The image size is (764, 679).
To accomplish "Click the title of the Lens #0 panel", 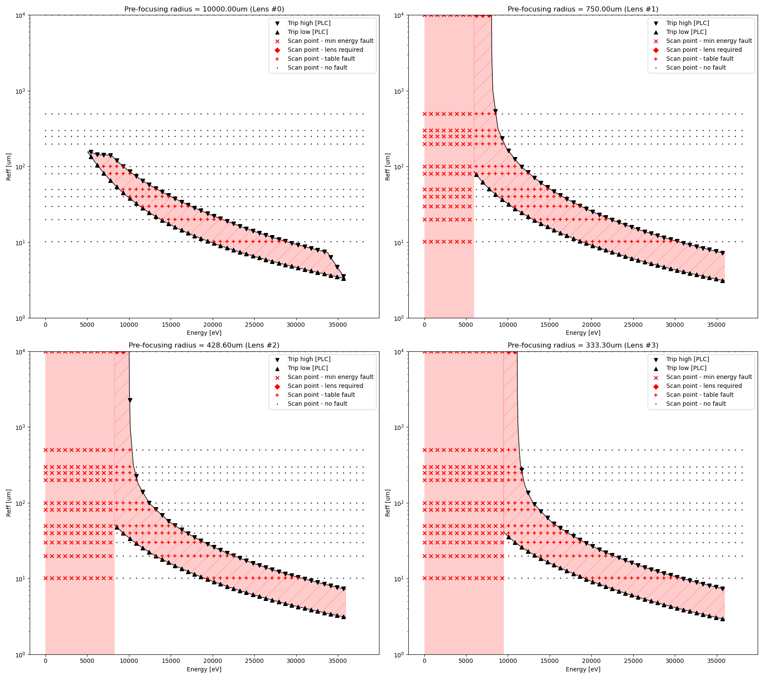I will pos(204,9).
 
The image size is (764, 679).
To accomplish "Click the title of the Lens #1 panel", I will pos(583,9).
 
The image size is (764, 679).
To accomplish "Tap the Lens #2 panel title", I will pos(204,345).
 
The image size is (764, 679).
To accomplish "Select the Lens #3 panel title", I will pos(583,345).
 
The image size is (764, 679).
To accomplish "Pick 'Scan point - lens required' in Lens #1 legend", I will pos(704,50).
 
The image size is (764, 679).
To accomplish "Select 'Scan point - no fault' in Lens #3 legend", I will pos(696,404).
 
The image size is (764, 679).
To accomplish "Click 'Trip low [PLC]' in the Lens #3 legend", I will pos(686,368).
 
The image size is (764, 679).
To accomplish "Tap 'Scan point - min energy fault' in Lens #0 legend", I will pos(330,41).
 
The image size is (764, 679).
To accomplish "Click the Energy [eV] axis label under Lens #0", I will pos(204,333).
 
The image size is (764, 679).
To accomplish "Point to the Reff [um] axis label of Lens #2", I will pos(9,503).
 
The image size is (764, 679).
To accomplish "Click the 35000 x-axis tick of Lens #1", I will pos(716,325).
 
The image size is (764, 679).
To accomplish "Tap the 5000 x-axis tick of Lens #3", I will pos(466,661).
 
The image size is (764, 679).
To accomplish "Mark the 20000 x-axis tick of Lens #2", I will pos(212,661).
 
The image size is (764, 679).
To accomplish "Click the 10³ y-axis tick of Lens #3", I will pos(398,428).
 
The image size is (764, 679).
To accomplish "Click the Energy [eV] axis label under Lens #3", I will pos(583,670).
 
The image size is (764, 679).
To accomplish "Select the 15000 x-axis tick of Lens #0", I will pos(171,325).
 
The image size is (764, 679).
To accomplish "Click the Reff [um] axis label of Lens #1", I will pos(388,167).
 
